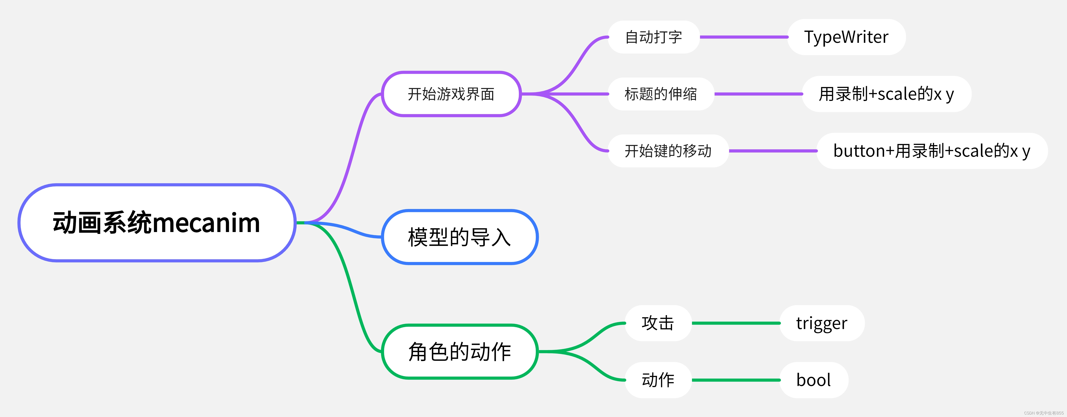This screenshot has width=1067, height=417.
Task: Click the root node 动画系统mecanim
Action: [x=157, y=223]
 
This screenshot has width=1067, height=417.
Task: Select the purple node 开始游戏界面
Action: [x=451, y=94]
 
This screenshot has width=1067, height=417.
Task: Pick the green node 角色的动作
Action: [x=459, y=352]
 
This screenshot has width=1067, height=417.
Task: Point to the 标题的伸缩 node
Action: [x=661, y=94]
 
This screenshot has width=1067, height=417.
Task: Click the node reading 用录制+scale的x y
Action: [x=886, y=94]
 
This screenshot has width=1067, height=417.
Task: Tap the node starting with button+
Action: [x=932, y=151]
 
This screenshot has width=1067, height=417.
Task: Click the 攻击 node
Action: [x=658, y=323]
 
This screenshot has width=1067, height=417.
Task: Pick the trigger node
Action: [x=822, y=323]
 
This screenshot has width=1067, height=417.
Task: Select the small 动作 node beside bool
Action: [x=658, y=380]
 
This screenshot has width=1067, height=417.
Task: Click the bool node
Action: [x=814, y=380]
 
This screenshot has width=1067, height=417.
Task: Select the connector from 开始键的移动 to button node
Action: [x=773, y=151]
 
